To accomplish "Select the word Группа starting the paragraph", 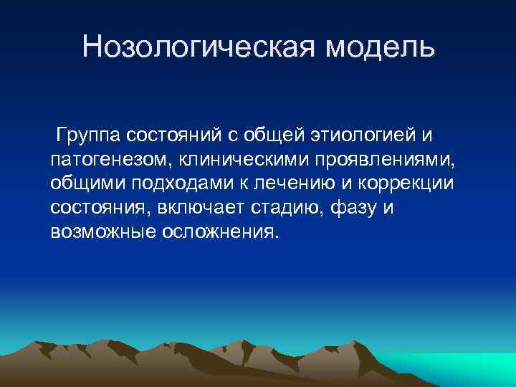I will (x=93, y=135).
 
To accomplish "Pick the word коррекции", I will (x=416, y=183).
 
